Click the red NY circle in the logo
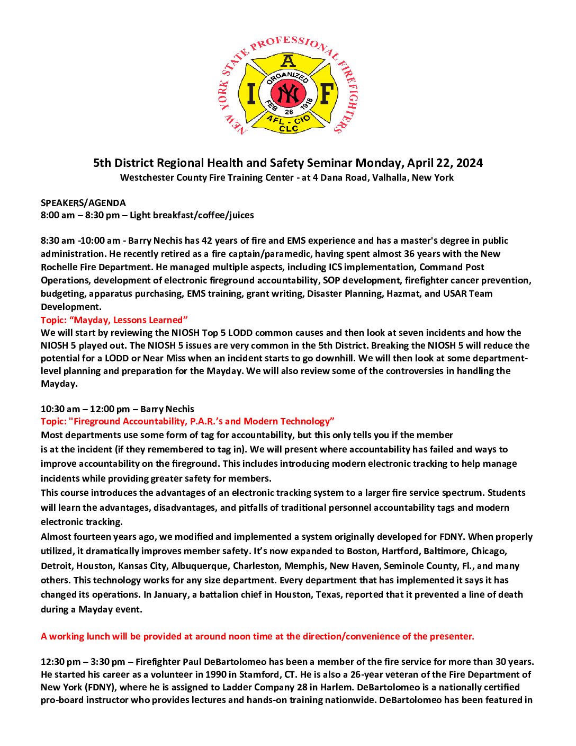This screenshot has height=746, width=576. [x=289, y=93]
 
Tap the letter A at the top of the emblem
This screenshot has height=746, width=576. [x=288, y=60]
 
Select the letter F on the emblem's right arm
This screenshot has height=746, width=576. [x=327, y=94]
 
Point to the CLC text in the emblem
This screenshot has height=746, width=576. [x=289, y=129]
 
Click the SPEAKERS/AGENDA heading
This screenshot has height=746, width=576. [x=83, y=203]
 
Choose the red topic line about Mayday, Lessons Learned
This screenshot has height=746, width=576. [x=114, y=320]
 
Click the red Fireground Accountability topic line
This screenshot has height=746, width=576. [x=187, y=421]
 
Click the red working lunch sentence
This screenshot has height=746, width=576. [x=257, y=636]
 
